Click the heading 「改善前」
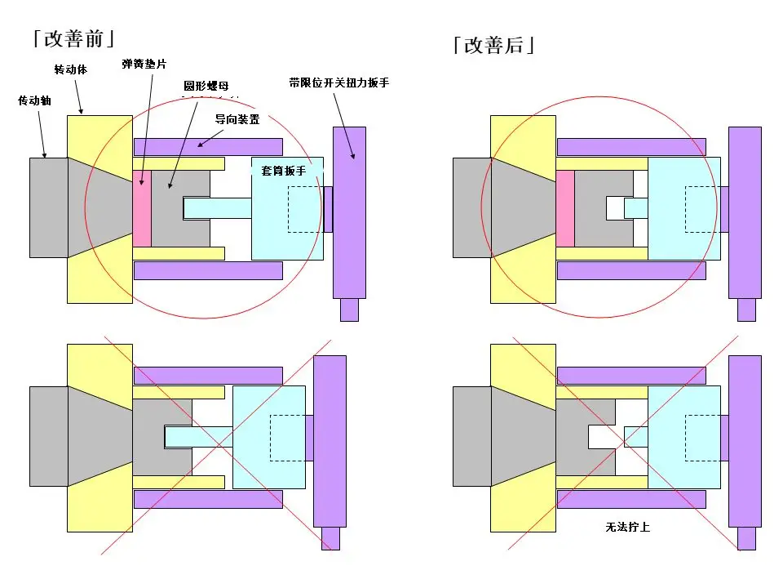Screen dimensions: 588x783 coord(73,38)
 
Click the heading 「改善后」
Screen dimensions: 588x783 coord(494,44)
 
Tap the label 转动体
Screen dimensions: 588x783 coord(71,69)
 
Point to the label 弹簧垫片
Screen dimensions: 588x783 coord(144,64)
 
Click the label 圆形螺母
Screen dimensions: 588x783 coord(206,85)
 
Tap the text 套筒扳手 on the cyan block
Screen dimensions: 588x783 coord(284,171)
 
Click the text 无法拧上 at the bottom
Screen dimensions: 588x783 coord(627,528)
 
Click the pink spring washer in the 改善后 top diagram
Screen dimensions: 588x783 coord(565,208)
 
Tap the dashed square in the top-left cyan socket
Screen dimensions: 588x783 coord(305,208)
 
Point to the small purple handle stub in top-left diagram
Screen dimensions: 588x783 coord(349,310)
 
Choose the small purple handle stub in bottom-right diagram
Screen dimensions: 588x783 coord(746,539)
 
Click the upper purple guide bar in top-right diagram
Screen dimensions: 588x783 coord(631,147)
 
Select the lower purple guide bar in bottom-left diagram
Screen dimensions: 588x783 coord(208,498)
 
